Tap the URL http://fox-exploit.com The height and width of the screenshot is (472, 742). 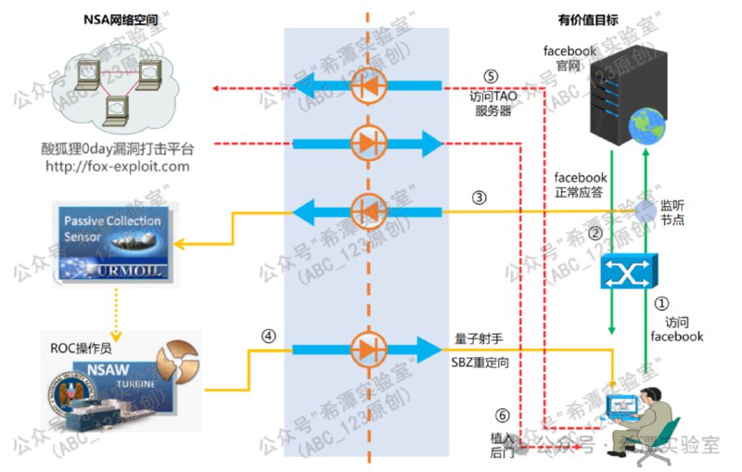click(x=117, y=167)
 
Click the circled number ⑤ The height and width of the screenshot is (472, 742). click(x=492, y=76)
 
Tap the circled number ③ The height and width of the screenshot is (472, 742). click(x=479, y=197)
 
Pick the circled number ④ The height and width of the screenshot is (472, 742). click(x=269, y=337)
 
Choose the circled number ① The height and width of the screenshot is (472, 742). click(x=661, y=302)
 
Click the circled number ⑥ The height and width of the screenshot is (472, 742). click(x=502, y=415)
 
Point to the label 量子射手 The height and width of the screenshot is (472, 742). click(x=478, y=338)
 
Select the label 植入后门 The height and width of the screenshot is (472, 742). click(x=502, y=444)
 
